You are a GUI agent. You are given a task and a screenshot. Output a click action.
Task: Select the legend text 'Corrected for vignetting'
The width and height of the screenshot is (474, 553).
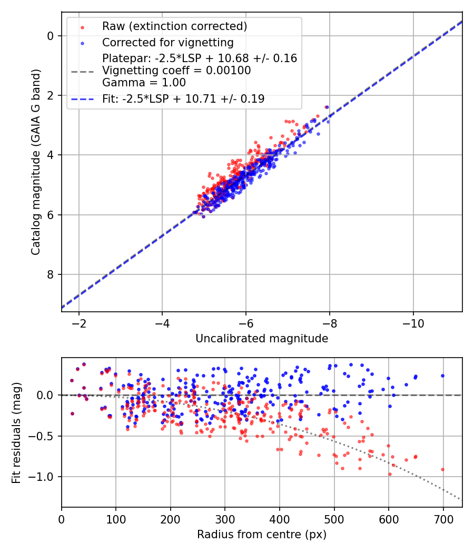(x=168, y=42)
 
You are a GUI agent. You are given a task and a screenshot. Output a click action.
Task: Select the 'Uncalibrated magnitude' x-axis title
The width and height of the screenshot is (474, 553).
(x=262, y=339)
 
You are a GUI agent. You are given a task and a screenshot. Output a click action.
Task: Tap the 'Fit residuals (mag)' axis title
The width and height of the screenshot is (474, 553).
(x=16, y=432)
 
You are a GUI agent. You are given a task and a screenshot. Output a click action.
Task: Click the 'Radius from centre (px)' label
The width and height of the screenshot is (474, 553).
(x=262, y=535)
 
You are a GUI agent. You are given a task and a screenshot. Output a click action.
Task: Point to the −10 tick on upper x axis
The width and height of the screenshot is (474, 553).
(x=413, y=322)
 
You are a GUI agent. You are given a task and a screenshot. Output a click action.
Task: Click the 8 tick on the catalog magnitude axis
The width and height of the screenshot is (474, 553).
(x=51, y=274)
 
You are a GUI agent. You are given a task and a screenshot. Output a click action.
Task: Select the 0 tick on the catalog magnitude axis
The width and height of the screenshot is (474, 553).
(x=51, y=36)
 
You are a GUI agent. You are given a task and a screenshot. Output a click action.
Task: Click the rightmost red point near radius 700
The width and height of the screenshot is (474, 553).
(x=442, y=469)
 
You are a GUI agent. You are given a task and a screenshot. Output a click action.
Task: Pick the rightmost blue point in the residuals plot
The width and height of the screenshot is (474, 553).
(x=442, y=376)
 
